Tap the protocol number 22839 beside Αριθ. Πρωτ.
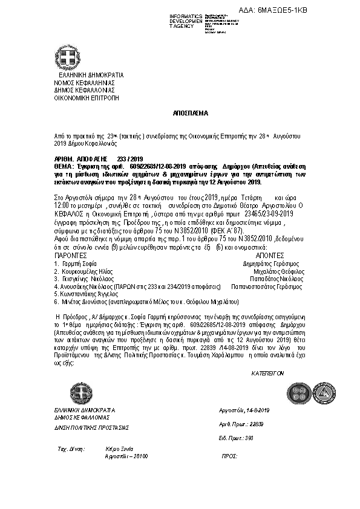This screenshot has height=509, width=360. point(257,424)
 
